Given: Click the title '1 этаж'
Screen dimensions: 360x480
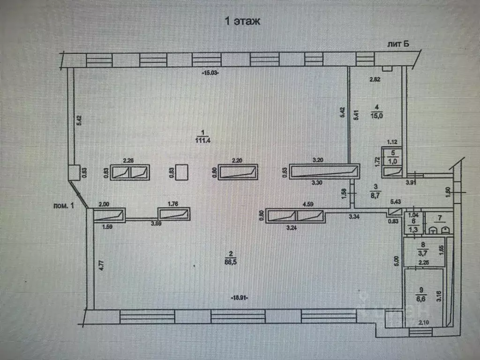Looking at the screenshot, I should (x=242, y=21).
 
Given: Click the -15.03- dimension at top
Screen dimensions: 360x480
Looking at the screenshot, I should (x=211, y=73).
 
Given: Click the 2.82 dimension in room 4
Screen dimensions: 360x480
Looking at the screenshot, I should (x=375, y=80).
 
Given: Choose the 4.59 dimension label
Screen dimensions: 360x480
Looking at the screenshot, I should (x=308, y=204).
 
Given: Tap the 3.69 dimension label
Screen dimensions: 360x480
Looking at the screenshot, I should (x=169, y=223).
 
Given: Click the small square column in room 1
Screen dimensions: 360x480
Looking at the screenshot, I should (x=181, y=172).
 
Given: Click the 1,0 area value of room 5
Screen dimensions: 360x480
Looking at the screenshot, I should (x=394, y=161).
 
